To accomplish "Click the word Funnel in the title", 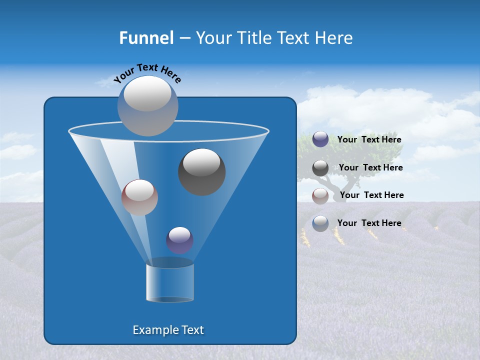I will coord(146,38).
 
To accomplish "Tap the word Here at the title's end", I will coord(333,38).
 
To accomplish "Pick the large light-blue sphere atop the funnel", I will coord(148,105).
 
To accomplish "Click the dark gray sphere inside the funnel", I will coord(201,171).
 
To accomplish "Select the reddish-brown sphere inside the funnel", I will coord(139,197).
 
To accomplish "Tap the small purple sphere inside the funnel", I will coord(179,240).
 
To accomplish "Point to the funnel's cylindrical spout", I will coord(170,282).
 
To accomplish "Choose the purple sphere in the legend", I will coord(320,139).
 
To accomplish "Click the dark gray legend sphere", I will coord(320,168).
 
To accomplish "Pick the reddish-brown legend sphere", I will coord(320,195).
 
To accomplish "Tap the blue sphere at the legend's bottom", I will coord(320,223).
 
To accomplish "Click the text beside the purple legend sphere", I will coord(369,140).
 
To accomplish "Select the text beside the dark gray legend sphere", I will coord(370,168).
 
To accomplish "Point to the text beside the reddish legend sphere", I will coord(371,195).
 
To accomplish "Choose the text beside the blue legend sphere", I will coord(369,223).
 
